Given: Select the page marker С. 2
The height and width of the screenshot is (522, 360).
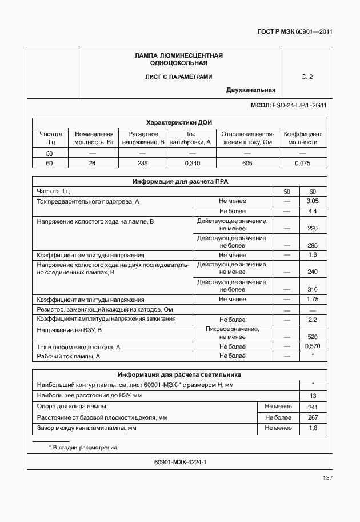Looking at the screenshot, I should tap(307, 77).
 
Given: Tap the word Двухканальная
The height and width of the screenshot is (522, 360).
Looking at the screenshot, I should tap(251, 90).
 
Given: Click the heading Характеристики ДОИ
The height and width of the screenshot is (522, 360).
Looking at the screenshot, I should tap(179, 122).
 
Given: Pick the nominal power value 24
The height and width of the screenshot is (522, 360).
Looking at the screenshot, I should tap(92, 164).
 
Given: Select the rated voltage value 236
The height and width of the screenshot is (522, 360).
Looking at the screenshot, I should tap(142, 164).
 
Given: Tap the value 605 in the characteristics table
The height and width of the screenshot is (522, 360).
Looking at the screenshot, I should tap(247, 164).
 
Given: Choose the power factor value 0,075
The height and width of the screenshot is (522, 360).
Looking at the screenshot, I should tap(302, 164).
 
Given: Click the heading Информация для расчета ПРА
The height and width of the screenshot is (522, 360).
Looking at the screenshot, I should tap(179, 181).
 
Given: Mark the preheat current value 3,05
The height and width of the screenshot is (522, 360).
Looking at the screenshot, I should tap(312, 201).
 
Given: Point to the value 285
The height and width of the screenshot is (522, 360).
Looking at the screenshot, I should tap(312, 245).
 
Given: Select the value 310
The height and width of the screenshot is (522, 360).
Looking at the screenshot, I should tap(312, 289).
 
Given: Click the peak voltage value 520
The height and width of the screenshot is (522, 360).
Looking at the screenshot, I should tap(312, 337).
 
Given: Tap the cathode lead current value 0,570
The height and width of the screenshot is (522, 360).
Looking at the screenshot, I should tap(312, 346).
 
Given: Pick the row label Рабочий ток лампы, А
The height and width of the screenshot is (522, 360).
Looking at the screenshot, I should tap(69, 356).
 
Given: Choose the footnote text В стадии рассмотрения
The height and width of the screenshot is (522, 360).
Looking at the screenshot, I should tap(85, 447).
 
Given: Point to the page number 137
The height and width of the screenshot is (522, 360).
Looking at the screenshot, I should tap(327, 477).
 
